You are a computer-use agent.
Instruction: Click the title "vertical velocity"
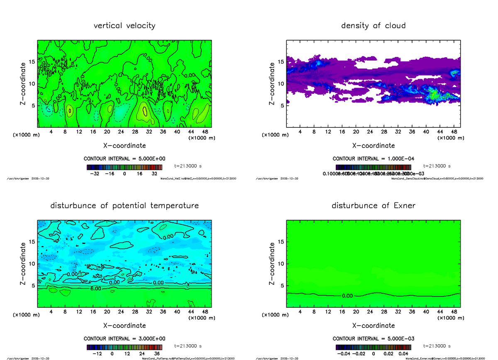click(124, 26)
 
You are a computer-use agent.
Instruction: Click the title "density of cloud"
click(373, 26)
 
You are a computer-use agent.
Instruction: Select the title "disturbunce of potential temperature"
click(124, 206)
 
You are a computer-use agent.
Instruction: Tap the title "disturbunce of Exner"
click(373, 206)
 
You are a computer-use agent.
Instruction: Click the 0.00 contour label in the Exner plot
click(347, 296)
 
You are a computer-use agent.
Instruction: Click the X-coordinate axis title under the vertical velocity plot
click(124, 146)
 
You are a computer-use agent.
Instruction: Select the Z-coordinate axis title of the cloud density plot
click(272, 83)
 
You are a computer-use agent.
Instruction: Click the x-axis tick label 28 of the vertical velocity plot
click(135, 131)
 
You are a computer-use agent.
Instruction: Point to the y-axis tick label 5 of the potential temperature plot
click(33, 285)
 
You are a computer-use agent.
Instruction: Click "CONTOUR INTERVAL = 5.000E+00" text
click(124, 159)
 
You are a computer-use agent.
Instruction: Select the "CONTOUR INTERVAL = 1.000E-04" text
click(373, 159)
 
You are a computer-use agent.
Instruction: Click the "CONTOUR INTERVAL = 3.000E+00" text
click(124, 338)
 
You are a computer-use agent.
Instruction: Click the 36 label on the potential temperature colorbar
click(157, 354)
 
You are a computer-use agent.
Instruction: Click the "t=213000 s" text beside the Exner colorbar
click(437, 346)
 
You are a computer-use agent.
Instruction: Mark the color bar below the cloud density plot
click(373, 167)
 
